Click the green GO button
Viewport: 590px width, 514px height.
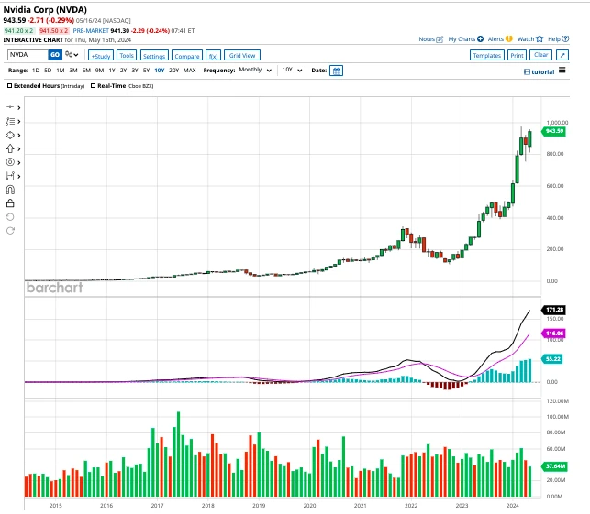point(55,55)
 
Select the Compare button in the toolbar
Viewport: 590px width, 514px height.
point(187,55)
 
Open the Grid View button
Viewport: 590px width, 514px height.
point(243,55)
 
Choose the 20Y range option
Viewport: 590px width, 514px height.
point(173,71)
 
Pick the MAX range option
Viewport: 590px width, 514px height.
point(190,71)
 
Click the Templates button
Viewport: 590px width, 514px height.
point(486,55)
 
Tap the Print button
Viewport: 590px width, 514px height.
point(517,55)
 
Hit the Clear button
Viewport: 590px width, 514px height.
point(541,55)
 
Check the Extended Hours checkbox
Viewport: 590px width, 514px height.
point(10,85)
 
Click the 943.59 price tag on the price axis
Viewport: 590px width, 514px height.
point(553,131)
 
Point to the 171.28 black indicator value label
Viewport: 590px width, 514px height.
point(553,311)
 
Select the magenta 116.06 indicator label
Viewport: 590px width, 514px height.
point(553,334)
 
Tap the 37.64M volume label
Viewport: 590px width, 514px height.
point(553,466)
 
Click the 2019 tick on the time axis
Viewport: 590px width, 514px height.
point(259,505)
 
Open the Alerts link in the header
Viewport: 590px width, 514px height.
point(495,39)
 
